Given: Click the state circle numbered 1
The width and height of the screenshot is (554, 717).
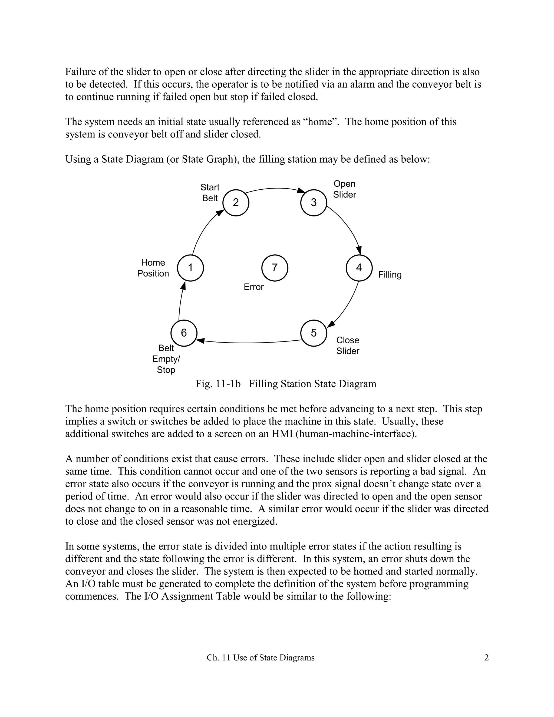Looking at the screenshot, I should point(190,268).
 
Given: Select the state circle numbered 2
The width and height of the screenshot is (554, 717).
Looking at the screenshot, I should point(236,203).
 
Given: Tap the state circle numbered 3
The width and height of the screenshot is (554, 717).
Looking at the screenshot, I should point(314,203).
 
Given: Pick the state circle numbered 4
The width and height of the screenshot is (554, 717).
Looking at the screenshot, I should point(359,268).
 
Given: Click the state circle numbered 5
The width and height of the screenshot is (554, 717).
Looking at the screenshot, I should point(314,333).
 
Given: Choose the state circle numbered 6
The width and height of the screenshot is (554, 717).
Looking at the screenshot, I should point(184,333).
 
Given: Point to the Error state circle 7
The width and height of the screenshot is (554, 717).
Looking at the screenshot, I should point(275,268).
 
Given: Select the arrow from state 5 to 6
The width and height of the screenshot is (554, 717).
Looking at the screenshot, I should point(249,343).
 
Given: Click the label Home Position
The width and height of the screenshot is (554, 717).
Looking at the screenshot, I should point(153,268).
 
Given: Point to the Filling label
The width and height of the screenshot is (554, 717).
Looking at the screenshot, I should point(390,274).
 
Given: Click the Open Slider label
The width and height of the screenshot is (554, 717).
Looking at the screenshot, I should point(344,189).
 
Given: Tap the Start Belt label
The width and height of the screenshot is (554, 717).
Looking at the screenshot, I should point(210,193).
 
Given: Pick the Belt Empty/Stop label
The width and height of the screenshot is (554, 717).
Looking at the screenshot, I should point(166,359).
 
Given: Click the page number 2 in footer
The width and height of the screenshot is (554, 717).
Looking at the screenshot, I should point(486,657).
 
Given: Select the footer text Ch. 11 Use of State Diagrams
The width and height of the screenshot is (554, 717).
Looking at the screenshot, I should point(260,657).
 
